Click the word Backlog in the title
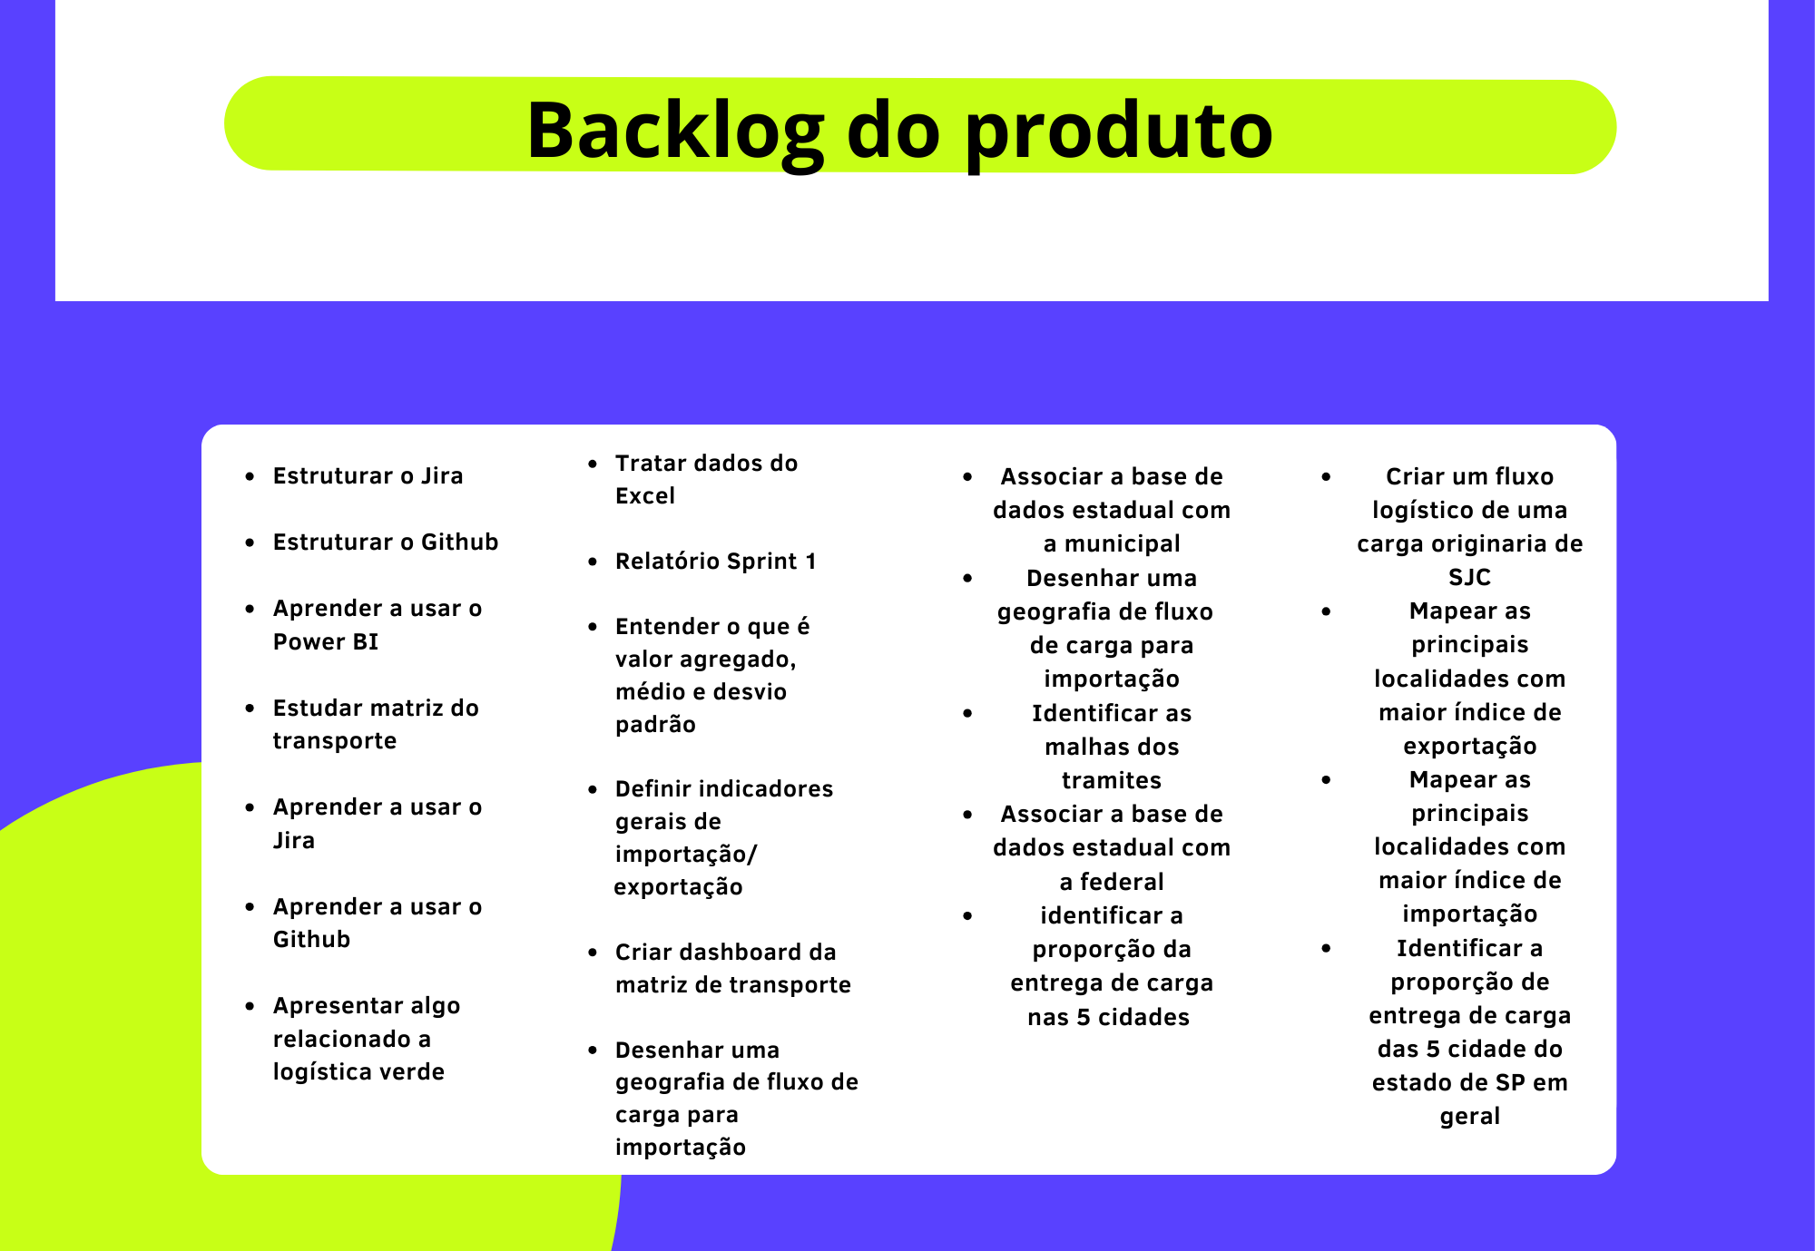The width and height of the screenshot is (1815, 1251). [x=676, y=132]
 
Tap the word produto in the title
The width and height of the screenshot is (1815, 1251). [x=1119, y=132]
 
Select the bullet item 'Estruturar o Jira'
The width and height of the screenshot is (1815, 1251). [x=368, y=476]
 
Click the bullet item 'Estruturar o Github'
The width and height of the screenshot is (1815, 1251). [x=386, y=542]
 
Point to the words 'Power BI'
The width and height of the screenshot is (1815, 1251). [x=326, y=641]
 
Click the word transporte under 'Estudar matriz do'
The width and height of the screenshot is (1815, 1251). [x=335, y=741]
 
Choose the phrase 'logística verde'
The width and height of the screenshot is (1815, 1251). [x=358, y=1072]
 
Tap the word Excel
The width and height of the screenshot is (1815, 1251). [x=645, y=496]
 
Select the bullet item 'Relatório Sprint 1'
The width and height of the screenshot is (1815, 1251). [x=716, y=562]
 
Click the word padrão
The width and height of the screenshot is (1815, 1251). [x=655, y=725]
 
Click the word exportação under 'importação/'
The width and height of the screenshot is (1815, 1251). [x=678, y=887]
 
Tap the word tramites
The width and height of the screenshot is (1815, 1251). [x=1112, y=780]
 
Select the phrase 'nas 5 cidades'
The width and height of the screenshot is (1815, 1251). [x=1108, y=1017]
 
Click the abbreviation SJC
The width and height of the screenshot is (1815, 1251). [x=1470, y=577]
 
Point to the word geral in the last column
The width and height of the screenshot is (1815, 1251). [x=1470, y=1117]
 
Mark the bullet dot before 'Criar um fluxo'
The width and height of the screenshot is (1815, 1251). [x=1326, y=476]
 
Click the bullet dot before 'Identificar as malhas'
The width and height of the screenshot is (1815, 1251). [x=967, y=713]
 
